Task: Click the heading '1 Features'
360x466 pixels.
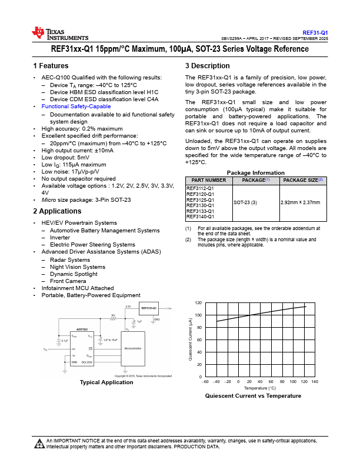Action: click(51, 66)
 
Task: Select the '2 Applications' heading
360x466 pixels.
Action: click(57, 211)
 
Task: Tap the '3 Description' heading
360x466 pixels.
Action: click(203, 66)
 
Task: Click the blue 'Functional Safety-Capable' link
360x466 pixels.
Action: click(76, 106)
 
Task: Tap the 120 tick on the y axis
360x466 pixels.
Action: click(198, 302)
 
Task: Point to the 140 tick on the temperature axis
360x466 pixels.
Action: click(315, 382)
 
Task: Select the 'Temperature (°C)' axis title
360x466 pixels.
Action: click(259, 388)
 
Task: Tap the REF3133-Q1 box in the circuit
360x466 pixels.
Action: click(149, 308)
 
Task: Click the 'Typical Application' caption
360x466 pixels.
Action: click(106, 382)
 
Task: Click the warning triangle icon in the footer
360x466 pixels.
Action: click(39, 443)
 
